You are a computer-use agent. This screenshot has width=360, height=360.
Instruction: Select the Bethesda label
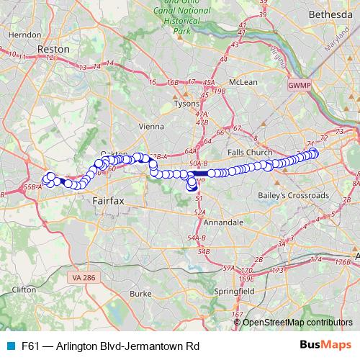click(328, 14)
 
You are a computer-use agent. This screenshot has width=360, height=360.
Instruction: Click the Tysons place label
click(187, 104)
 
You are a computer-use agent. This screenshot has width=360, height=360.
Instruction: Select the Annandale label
click(223, 223)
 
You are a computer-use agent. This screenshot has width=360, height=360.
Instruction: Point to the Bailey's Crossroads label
click(294, 195)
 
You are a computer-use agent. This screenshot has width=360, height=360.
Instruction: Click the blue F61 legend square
click(10, 346)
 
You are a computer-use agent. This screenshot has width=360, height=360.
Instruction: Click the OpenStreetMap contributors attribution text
click(298, 322)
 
